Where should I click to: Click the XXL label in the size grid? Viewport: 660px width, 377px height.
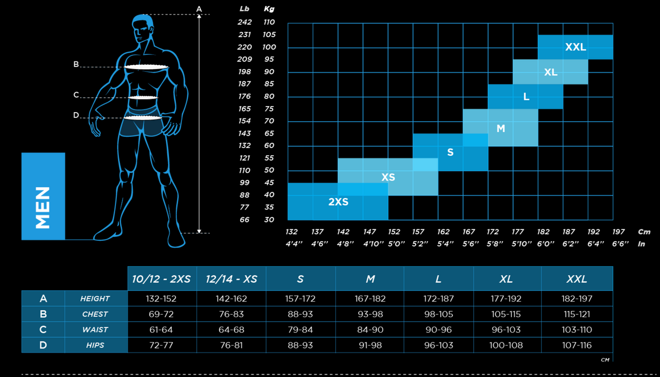575,47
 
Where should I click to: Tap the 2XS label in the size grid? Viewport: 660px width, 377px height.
338,202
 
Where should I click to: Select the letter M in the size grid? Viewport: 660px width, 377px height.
501,129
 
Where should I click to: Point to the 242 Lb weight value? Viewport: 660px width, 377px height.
244,22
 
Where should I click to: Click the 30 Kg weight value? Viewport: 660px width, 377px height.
269,220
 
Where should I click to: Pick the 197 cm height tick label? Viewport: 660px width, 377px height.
618,232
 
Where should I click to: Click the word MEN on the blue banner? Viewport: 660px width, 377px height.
43,207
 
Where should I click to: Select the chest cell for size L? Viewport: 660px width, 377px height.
438,314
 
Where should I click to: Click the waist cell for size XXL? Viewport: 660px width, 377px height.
577,330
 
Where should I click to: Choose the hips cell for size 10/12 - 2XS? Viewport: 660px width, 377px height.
161,345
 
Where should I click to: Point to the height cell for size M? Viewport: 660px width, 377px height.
370,298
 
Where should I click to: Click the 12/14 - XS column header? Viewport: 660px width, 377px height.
231,279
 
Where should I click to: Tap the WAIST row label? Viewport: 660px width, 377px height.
95,330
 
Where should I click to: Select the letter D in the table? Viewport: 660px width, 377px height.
43,345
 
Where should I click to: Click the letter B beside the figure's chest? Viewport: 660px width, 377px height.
76,64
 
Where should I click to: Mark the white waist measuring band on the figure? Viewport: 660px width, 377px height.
143,97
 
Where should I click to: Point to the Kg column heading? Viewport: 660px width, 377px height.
269,9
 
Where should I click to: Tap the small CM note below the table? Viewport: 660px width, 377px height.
605,360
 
